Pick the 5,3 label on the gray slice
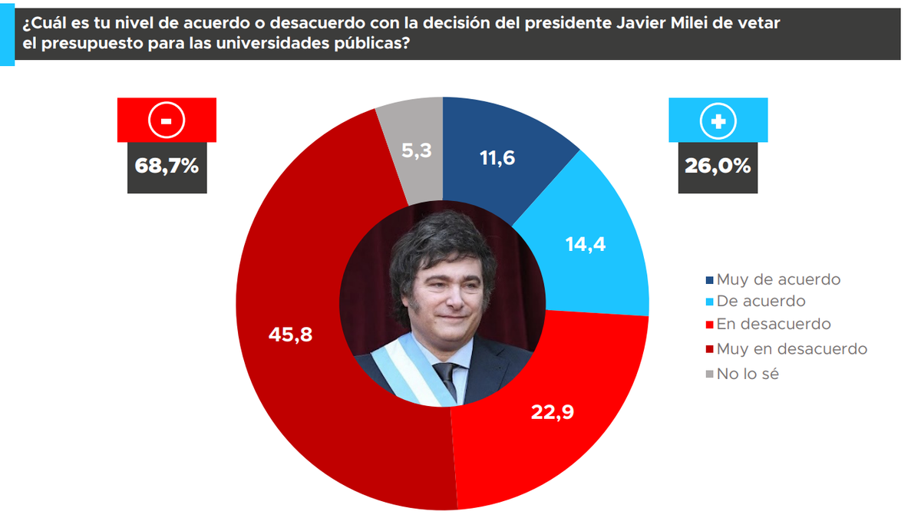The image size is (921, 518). (x=417, y=150)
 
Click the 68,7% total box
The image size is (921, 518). (x=167, y=165)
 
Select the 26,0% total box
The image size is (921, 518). (x=718, y=165)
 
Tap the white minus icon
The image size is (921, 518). (x=167, y=120)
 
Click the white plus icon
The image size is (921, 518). (x=718, y=120)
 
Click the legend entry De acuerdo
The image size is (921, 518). (x=761, y=302)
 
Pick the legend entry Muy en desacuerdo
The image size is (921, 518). (x=791, y=348)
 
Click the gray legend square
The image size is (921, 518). (x=709, y=374)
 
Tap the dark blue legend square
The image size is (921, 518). (x=709, y=279)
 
